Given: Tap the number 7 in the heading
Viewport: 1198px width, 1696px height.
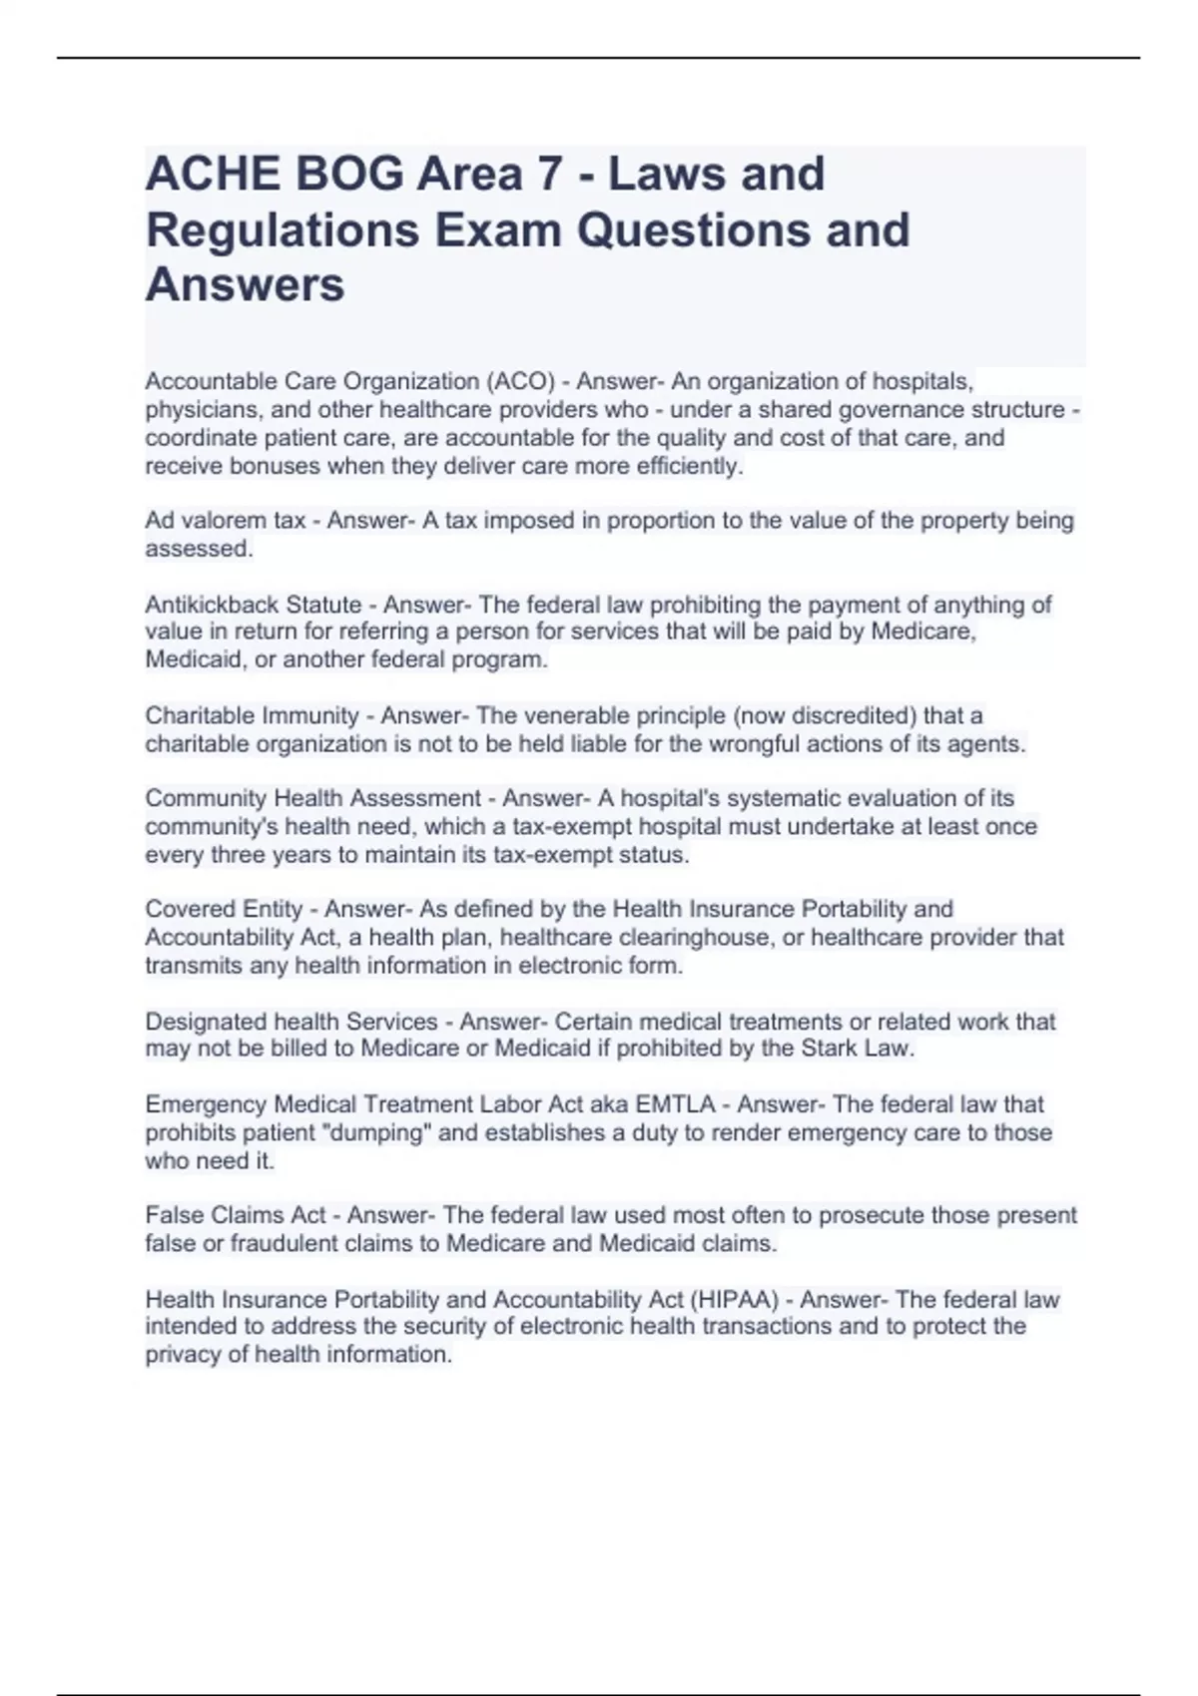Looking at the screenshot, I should (547, 175).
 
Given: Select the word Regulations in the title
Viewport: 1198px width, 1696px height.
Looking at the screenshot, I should (283, 230).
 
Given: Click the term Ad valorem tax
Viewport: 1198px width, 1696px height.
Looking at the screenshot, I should (226, 521).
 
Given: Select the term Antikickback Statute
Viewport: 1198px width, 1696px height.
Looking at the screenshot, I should (254, 605).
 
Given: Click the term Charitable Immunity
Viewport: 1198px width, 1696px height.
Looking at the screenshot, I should (252, 715).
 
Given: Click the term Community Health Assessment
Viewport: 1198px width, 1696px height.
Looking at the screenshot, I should (312, 798).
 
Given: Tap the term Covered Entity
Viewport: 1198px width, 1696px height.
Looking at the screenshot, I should (224, 909).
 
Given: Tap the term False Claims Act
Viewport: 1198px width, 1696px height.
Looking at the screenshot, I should (236, 1215).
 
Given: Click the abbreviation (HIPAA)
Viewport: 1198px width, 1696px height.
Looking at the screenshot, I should (735, 1300).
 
